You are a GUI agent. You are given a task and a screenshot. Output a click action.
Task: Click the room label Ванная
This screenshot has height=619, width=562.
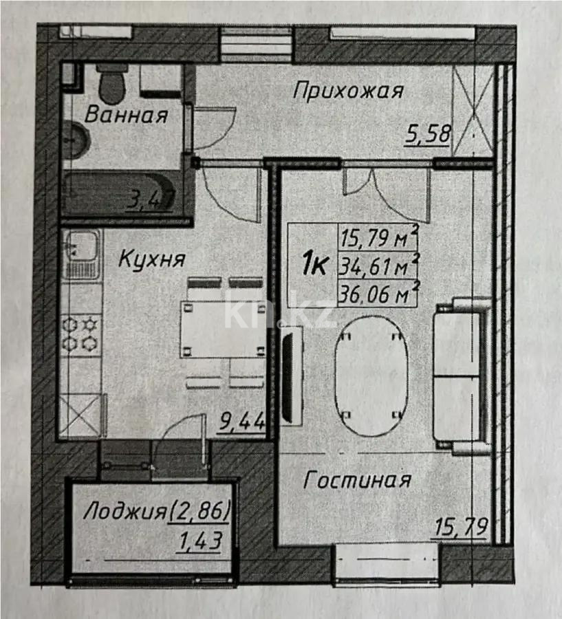tap(126, 115)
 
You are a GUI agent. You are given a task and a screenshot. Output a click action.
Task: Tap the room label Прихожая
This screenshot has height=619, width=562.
tap(347, 90)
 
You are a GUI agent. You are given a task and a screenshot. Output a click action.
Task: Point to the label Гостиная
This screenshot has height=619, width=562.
tap(357, 479)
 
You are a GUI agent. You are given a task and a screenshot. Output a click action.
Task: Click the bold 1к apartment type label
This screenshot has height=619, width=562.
tap(314, 263)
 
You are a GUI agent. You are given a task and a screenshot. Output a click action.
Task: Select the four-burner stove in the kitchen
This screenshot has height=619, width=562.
tap(80, 334)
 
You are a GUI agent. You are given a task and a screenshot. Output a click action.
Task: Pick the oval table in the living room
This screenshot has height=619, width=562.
tap(371, 375)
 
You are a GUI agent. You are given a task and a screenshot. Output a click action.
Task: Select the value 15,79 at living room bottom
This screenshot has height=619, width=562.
tap(462, 528)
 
